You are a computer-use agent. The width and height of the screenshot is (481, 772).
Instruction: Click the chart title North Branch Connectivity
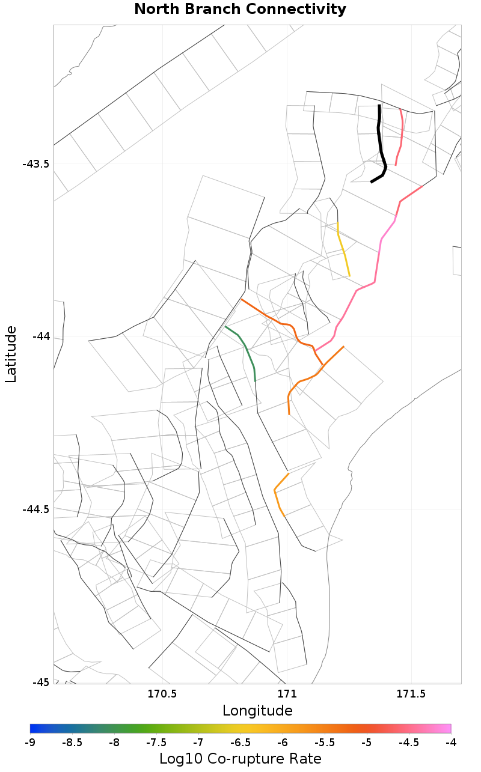click(x=240, y=10)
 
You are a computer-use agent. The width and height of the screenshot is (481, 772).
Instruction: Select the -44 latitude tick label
click(x=40, y=336)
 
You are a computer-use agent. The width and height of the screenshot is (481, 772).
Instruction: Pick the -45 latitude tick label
click(x=40, y=682)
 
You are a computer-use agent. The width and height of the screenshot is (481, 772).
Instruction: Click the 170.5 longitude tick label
click(x=162, y=694)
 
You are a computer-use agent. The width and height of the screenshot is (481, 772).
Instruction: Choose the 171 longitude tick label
click(x=287, y=694)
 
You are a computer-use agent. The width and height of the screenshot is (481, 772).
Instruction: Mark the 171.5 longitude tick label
click(x=411, y=694)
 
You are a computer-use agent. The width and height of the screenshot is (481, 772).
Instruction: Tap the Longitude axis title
click(x=257, y=711)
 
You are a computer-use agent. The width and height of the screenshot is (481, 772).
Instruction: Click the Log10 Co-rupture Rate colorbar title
click(x=240, y=758)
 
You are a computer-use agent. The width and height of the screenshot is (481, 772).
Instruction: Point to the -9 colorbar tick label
click(x=30, y=743)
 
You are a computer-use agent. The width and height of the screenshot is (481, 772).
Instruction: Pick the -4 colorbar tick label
click(x=451, y=743)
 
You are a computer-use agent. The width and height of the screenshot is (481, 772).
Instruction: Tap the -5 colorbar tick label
click(x=367, y=743)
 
